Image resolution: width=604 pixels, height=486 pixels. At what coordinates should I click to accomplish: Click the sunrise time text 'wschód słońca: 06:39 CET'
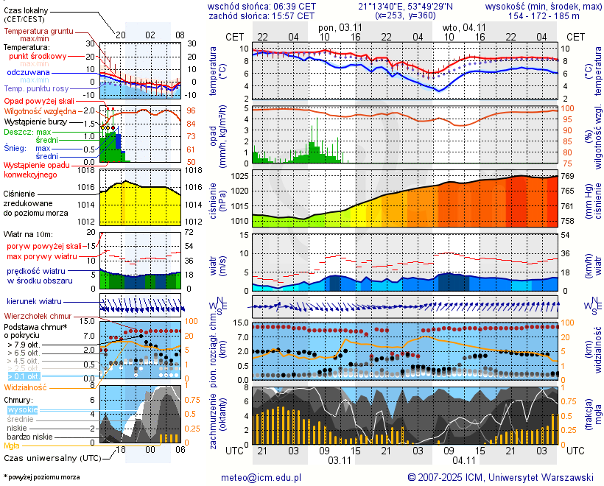261,6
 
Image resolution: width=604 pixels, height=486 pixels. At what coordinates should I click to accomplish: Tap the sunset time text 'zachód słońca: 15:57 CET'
261,15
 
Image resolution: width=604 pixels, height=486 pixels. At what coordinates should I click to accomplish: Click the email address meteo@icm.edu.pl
261,477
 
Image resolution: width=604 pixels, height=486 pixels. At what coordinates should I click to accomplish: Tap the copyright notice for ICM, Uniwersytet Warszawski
501,477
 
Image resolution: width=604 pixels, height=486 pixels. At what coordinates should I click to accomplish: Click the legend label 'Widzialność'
26,387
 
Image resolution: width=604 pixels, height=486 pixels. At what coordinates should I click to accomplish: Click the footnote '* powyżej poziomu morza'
41,477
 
